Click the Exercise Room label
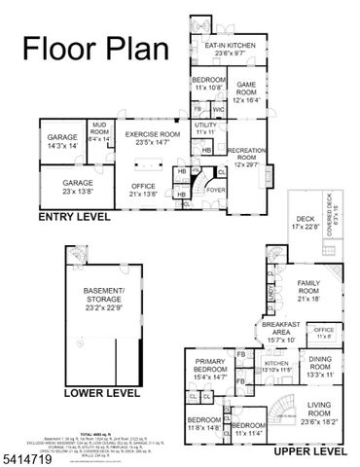153,138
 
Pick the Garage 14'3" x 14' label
62,141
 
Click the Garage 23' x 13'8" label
78,187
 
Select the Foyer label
214,191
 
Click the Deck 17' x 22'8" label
306,223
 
